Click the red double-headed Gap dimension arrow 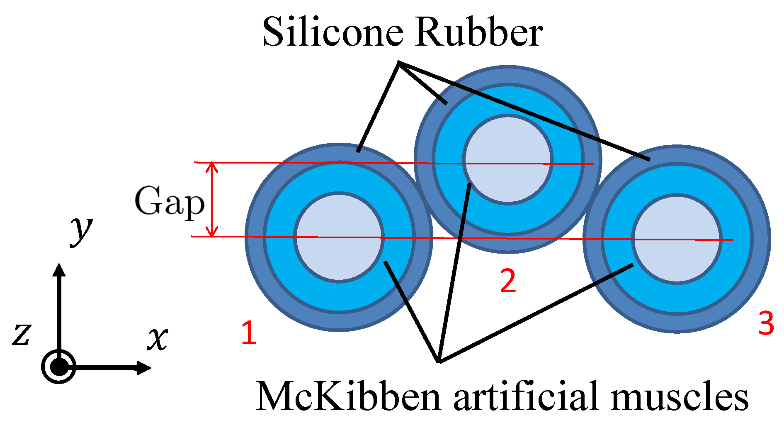click(212, 200)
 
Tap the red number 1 click(249, 333)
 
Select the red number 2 click(508, 281)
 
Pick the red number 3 click(766, 324)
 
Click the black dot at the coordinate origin click(59, 367)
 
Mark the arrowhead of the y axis click(59, 270)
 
